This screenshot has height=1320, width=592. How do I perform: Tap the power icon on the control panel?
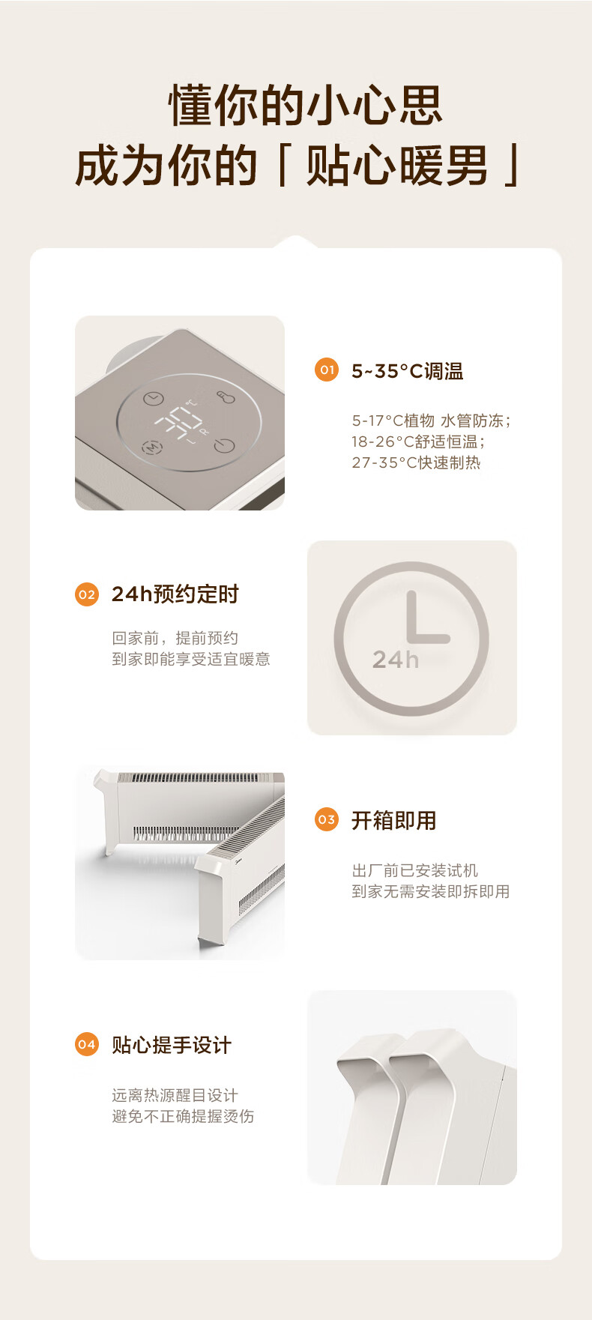224,445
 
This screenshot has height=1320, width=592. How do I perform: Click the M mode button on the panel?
152,447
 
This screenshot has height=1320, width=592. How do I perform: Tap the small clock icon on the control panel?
154,399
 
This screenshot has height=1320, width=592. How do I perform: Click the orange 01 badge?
327,370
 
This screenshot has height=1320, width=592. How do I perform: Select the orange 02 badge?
87,594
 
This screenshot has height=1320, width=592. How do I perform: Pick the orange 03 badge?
327,819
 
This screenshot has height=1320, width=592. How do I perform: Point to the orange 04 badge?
87,1044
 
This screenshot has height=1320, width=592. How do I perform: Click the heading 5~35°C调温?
408,371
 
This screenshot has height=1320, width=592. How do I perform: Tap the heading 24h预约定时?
175,594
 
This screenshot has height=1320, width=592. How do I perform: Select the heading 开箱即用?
394,821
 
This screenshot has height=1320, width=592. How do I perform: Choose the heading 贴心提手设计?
172,1045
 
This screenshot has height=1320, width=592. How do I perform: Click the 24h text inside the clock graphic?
396,659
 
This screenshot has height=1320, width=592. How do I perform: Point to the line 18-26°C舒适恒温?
419,441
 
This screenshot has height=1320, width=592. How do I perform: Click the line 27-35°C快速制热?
417,462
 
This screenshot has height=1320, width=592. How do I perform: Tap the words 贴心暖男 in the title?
396,166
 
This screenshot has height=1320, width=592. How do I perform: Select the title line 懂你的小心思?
306,105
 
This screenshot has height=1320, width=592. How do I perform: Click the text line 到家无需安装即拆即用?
431,891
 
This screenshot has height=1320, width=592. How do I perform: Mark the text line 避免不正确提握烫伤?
183,1116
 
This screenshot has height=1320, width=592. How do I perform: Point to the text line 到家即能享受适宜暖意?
191,659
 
